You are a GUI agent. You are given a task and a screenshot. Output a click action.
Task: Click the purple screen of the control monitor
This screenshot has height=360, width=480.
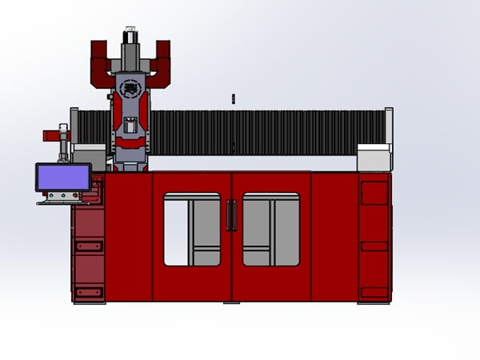(x=62, y=177)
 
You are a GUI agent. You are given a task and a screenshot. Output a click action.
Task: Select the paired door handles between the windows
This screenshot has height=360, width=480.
(x=231, y=215)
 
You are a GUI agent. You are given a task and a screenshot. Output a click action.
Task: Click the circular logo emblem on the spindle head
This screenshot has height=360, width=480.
(x=128, y=86)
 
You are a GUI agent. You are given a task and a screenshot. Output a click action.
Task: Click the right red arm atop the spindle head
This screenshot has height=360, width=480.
(x=160, y=62)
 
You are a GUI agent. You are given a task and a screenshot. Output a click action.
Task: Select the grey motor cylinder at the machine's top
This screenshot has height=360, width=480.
(x=129, y=38)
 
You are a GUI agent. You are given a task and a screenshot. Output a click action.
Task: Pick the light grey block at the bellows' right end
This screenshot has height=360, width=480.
(x=373, y=156)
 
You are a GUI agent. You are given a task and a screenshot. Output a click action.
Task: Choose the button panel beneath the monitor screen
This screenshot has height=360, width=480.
(x=62, y=196)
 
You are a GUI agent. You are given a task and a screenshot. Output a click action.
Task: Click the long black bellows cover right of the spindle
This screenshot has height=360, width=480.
(x=264, y=132)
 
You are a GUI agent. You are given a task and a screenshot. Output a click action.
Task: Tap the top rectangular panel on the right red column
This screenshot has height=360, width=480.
(x=374, y=193)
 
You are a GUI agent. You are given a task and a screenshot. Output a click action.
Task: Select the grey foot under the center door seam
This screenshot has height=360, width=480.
(x=231, y=303)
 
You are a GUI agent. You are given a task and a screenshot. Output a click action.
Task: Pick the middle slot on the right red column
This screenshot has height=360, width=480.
(x=374, y=246)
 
